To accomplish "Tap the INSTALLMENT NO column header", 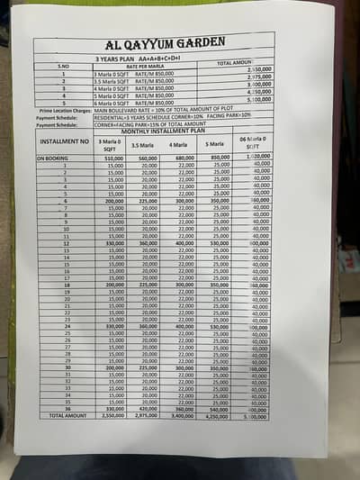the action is click(x=64, y=141).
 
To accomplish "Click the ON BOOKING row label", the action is click(x=53, y=158).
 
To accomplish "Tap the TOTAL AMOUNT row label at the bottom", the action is click(x=67, y=415).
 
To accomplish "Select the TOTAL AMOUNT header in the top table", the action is click(x=239, y=63).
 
